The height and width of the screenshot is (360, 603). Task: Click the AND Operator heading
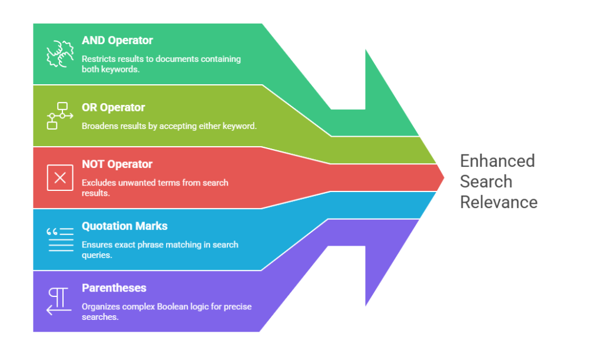(x=117, y=41)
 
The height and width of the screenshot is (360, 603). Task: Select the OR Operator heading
(x=113, y=108)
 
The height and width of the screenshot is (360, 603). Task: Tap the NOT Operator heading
(x=117, y=164)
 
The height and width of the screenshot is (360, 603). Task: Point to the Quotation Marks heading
(x=124, y=226)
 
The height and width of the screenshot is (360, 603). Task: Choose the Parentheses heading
(x=114, y=288)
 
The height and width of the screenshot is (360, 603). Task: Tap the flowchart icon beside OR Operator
(x=59, y=115)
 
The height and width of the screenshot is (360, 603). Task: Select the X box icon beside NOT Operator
(x=59, y=177)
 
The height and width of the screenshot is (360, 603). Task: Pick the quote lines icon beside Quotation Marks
(x=59, y=239)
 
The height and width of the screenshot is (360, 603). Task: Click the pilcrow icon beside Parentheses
(x=59, y=300)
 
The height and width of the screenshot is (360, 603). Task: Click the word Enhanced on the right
(x=497, y=161)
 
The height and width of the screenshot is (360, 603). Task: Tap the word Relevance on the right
(x=498, y=202)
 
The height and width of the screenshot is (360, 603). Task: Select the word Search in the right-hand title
(x=486, y=181)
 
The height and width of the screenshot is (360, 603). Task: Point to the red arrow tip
(x=443, y=177)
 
